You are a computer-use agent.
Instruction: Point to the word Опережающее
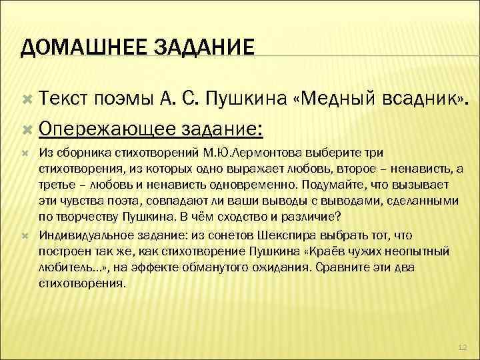pos(107,127)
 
